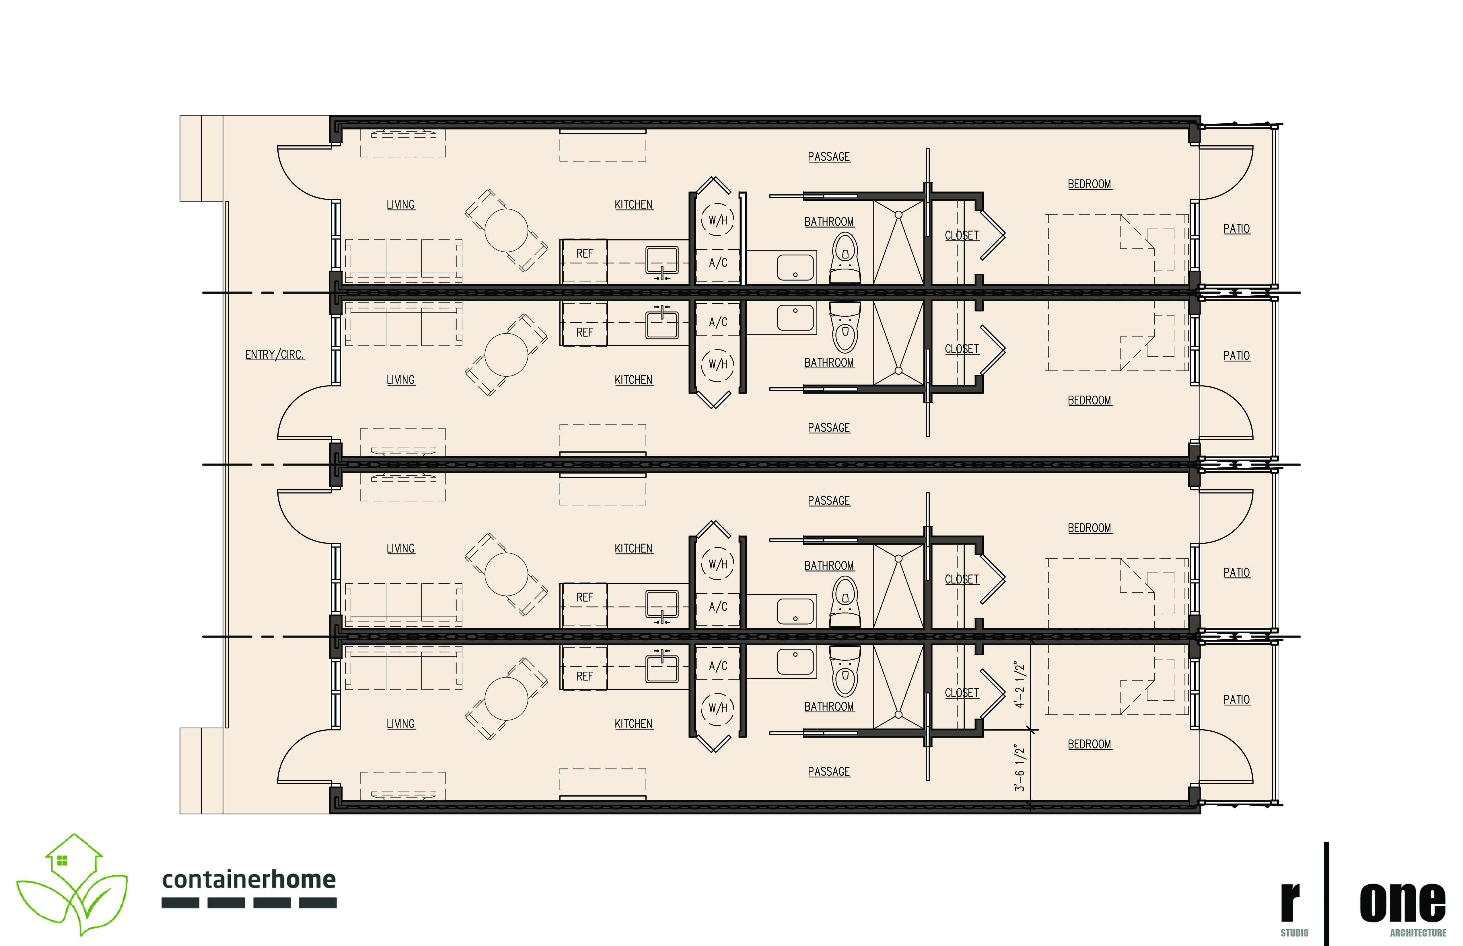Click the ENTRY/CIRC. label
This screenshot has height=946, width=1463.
[x=275, y=354]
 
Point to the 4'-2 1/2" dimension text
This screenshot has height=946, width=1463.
[x=1020, y=685]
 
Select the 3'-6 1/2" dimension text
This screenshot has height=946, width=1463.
[x=1020, y=768]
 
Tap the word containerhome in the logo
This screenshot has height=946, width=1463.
[x=249, y=880]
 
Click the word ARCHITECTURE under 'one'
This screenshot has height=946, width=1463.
[x=1417, y=933]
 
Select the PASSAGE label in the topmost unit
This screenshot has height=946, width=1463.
[x=829, y=157]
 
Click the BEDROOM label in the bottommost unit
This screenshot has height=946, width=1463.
[x=1089, y=744]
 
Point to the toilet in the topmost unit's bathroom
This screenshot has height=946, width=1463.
[x=845, y=258]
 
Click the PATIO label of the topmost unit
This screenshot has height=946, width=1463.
[x=1236, y=228]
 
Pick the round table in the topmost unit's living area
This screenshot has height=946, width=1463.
[x=506, y=230]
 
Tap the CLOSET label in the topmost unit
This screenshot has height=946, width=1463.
[x=961, y=235]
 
